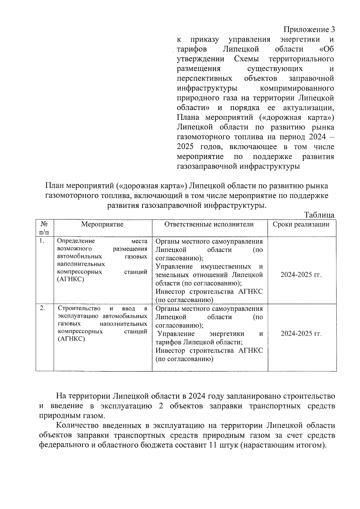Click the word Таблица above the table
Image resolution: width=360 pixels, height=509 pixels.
(319, 215)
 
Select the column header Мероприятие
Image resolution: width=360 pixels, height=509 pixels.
(102, 224)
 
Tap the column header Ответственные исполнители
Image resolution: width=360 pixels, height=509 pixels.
(209, 224)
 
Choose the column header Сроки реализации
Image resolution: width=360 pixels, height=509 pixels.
(301, 224)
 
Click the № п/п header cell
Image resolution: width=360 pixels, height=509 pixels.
(44, 228)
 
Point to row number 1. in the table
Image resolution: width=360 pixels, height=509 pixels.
(42, 241)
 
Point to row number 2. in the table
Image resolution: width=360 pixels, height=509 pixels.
(43, 308)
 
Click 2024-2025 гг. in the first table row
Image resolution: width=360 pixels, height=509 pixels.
(301, 275)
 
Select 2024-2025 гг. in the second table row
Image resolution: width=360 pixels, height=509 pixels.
(301, 334)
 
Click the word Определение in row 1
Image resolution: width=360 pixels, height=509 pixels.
(76, 241)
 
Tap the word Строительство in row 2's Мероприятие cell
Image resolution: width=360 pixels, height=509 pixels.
(79, 308)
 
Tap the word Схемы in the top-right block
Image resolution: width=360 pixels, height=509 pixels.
(246, 59)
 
